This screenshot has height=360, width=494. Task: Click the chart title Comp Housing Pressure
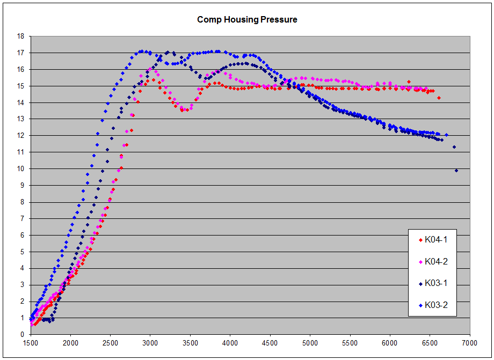[x=247, y=20]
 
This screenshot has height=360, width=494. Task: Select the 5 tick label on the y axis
[x=23, y=252]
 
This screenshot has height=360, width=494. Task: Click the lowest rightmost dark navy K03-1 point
[x=456, y=171]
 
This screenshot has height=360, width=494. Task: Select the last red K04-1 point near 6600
[x=439, y=98]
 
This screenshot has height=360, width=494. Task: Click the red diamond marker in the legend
[x=420, y=240]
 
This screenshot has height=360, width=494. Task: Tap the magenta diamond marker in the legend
[x=420, y=262]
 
